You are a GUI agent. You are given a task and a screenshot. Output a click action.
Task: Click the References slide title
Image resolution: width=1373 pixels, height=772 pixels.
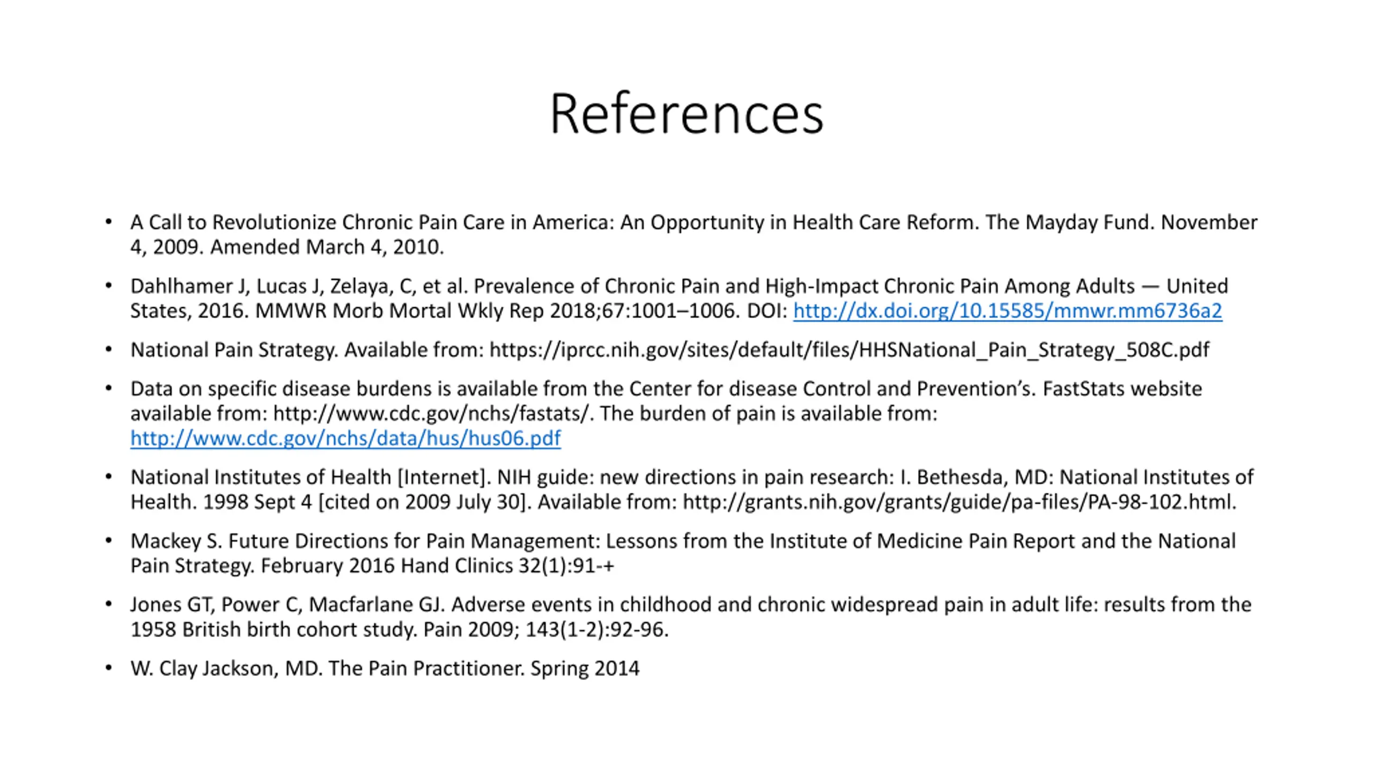click(686, 114)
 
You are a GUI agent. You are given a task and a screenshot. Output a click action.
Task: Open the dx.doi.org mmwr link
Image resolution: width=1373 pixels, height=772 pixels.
click(1007, 311)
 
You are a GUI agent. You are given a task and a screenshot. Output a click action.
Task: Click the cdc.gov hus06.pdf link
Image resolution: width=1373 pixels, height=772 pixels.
click(345, 439)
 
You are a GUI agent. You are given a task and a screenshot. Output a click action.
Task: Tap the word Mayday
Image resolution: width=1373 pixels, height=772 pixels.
click(1061, 222)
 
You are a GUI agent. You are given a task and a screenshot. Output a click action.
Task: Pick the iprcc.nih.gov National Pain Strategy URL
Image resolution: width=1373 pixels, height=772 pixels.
click(850, 350)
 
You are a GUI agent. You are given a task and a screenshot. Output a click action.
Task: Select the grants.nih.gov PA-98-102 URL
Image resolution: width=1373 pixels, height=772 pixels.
click(959, 502)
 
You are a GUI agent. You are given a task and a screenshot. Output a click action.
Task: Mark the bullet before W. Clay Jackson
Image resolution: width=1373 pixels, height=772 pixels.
click(109, 668)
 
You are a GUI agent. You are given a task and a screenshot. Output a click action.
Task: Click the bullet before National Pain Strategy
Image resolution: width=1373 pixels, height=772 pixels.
click(109, 350)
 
